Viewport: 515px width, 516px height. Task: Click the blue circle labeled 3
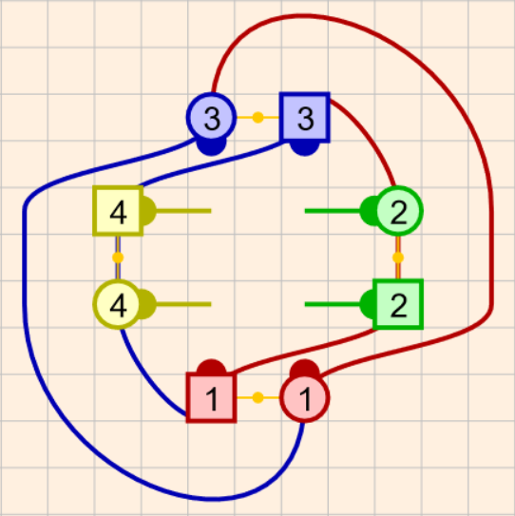(211, 118)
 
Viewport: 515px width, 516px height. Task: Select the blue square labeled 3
(305, 118)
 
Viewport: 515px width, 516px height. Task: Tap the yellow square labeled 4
(118, 211)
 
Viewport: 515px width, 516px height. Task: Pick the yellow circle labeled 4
(118, 304)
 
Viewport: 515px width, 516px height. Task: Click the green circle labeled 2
(398, 211)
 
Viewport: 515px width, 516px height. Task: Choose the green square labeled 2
(398, 304)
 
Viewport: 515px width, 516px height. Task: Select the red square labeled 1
(211, 398)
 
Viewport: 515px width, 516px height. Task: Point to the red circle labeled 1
(305, 398)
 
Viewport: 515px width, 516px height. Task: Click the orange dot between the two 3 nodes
(258, 118)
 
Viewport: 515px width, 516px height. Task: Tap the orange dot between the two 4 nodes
(118, 258)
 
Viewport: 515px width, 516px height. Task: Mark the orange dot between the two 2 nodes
(398, 258)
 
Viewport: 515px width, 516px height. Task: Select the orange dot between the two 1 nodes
(258, 398)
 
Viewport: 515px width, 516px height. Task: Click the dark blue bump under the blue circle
(211, 147)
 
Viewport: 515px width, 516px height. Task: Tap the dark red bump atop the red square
(211, 367)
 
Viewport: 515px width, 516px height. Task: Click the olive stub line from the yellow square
(183, 211)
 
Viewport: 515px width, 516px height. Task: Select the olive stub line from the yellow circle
(183, 304)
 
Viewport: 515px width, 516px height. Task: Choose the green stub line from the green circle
(333, 211)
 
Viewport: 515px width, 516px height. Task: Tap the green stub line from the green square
(333, 304)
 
